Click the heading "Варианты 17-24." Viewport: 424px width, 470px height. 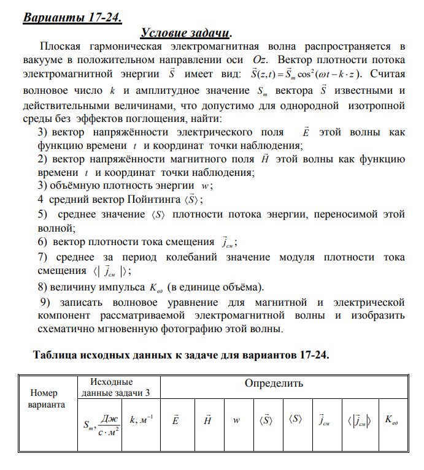(72, 17)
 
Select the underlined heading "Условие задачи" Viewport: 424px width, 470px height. (188, 32)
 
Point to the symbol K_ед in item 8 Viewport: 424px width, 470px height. (156, 287)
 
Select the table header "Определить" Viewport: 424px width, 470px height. (274, 384)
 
